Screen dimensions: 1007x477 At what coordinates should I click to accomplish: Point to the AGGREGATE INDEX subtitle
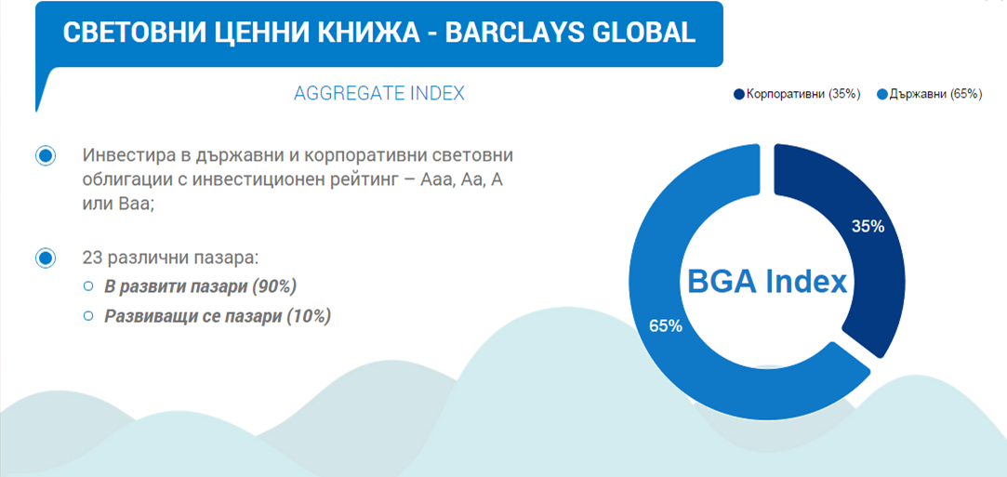(x=379, y=93)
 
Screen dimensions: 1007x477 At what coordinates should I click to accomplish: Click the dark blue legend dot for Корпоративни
(x=738, y=94)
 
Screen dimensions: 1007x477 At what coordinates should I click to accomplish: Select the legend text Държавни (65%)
(x=935, y=94)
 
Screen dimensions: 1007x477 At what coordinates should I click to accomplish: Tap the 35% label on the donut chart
(x=868, y=226)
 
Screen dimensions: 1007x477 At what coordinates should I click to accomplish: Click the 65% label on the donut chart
(x=666, y=326)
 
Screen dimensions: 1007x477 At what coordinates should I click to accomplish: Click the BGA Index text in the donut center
(x=767, y=282)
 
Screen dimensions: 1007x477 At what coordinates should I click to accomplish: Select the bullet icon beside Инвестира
(x=45, y=156)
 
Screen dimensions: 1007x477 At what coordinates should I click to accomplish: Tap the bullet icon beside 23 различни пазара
(x=45, y=258)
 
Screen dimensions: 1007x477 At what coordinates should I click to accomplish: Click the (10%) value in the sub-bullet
(x=309, y=316)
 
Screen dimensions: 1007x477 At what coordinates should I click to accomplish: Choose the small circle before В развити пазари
(x=88, y=287)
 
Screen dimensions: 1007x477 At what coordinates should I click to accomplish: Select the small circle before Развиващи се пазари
(x=88, y=315)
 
